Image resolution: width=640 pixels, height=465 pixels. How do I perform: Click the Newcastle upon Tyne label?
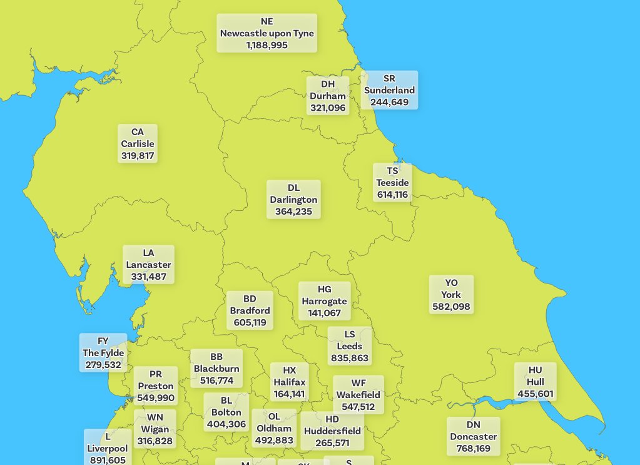click(267, 33)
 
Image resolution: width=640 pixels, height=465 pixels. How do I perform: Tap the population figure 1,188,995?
click(267, 45)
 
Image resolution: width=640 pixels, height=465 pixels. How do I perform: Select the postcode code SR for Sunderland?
click(389, 78)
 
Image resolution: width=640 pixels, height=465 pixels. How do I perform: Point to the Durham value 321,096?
click(328, 108)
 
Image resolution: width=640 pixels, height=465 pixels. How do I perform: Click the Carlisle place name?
click(138, 144)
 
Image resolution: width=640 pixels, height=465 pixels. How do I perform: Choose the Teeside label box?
click(392, 183)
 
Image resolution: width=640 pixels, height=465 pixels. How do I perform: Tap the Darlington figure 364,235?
click(293, 212)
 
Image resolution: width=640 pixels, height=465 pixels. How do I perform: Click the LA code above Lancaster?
click(148, 253)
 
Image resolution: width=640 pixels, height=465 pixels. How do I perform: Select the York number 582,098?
click(451, 306)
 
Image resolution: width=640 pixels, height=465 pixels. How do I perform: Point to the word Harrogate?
click(324, 301)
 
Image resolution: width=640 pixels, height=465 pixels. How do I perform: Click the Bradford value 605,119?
click(250, 322)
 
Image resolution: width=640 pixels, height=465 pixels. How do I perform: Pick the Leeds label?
click(350, 347)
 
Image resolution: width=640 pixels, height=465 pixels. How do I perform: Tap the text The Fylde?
click(103, 353)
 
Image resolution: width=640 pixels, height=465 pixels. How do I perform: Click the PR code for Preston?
click(156, 374)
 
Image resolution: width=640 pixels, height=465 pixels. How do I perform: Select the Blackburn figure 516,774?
click(216, 380)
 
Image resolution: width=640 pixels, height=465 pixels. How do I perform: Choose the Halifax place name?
click(290, 382)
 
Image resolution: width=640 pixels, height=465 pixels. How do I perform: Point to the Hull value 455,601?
click(536, 394)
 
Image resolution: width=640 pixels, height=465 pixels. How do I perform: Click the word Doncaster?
click(474, 437)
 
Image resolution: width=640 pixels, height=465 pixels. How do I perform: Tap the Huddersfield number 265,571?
click(332, 442)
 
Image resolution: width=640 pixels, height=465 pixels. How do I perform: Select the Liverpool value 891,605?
click(108, 460)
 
